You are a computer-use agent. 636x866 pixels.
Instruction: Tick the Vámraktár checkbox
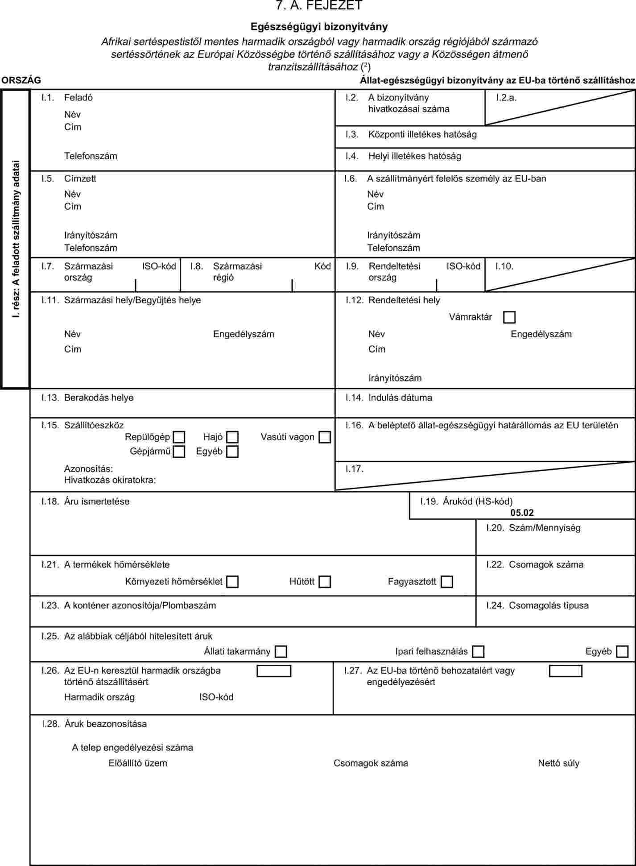point(509,317)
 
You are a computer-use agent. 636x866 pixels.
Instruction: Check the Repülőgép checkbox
point(179,437)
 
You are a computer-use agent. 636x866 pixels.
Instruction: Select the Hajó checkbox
point(232,437)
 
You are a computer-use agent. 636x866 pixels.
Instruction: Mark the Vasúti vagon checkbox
point(325,437)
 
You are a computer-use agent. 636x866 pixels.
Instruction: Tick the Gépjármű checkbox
point(179,452)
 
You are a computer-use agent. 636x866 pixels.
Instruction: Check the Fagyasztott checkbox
point(446,582)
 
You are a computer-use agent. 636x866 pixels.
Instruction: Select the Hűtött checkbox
point(325,582)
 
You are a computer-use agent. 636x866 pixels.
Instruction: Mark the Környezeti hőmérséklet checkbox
point(232,582)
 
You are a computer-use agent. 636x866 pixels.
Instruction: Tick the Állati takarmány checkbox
point(281,652)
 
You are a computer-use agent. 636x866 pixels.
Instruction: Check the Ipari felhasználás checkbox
point(478,652)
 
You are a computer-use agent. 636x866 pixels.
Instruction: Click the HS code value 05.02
point(522,513)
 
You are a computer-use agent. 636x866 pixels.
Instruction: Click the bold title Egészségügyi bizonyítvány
point(319,26)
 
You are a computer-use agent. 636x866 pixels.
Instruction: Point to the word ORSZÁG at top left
point(21,80)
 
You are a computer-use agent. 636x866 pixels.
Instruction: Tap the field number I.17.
point(355,469)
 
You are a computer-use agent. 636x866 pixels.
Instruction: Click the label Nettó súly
point(558,763)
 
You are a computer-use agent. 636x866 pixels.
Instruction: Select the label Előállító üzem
point(138,763)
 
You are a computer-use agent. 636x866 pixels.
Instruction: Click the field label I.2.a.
point(506,98)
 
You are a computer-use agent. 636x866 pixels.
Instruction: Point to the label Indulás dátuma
point(400,398)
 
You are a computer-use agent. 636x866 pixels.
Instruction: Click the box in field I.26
point(274,671)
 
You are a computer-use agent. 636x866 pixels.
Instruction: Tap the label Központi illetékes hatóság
point(422,134)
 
